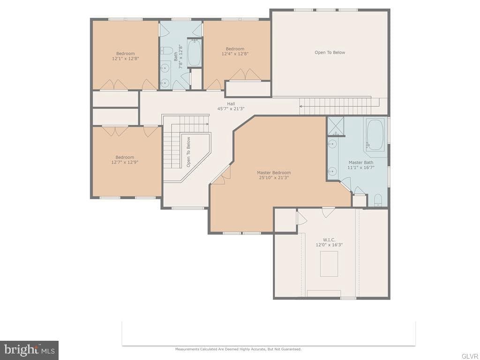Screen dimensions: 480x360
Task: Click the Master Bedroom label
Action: pos(274,172)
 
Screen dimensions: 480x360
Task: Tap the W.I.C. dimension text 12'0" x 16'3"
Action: pos(329,245)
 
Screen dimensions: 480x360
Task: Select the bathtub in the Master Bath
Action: pos(375,135)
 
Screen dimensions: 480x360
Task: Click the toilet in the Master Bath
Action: pos(378,200)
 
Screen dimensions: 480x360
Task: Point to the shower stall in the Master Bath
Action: pos(336,126)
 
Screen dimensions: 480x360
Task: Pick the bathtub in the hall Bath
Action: pos(194,52)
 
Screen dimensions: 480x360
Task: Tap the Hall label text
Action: pos(231,104)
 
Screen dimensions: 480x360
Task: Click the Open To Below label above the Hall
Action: pos(330,52)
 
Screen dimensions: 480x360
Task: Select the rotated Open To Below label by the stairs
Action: pos(188,152)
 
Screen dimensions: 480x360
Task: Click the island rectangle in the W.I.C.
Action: pos(329,263)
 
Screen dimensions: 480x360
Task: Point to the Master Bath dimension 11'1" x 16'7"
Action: pos(361,167)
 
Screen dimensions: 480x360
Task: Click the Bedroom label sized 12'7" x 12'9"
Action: pos(125,157)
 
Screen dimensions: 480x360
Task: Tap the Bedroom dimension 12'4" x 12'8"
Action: pos(235,53)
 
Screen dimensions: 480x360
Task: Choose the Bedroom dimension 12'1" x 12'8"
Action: pos(126,58)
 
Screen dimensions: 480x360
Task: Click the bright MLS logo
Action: pos(30,350)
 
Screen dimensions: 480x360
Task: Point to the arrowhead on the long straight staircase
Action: pos(301,106)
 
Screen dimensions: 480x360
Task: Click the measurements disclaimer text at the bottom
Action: pos(238,349)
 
